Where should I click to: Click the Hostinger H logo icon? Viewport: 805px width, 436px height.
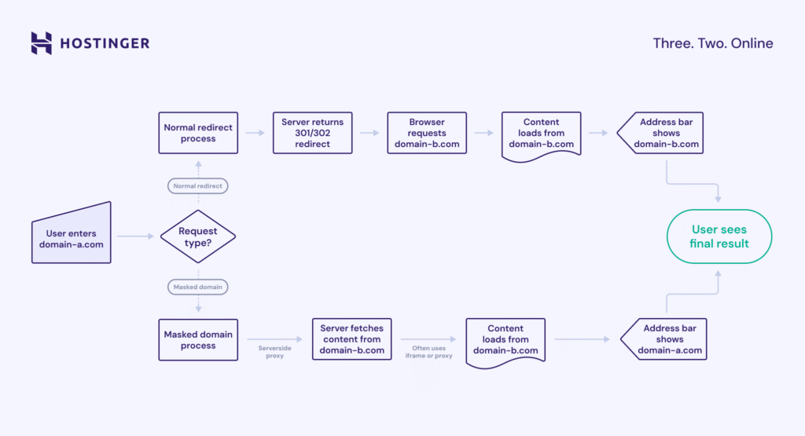click(x=42, y=42)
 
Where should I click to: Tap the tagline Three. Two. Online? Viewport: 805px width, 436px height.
click(x=713, y=43)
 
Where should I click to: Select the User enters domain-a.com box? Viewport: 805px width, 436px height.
click(x=72, y=233)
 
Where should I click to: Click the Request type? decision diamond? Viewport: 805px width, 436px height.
click(x=198, y=236)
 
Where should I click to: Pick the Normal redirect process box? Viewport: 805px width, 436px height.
click(x=198, y=133)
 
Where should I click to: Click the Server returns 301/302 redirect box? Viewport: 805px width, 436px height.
click(x=313, y=133)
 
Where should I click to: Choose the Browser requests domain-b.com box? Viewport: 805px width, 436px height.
click(x=427, y=133)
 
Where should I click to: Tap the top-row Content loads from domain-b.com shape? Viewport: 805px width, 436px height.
click(x=541, y=134)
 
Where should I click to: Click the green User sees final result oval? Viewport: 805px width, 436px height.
click(x=719, y=236)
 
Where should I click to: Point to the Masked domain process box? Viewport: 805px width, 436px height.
click(x=198, y=339)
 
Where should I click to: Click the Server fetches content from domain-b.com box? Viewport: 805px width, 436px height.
click(x=352, y=339)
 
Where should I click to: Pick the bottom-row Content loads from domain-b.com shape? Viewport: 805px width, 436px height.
click(x=506, y=340)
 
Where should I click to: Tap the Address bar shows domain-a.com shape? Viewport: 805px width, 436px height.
click(x=665, y=339)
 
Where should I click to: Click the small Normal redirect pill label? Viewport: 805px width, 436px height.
click(x=198, y=186)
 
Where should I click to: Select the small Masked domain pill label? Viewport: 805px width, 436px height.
click(x=198, y=287)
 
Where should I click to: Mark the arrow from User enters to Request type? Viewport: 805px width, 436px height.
click(x=134, y=236)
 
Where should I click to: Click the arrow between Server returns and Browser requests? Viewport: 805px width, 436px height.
click(x=369, y=133)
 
